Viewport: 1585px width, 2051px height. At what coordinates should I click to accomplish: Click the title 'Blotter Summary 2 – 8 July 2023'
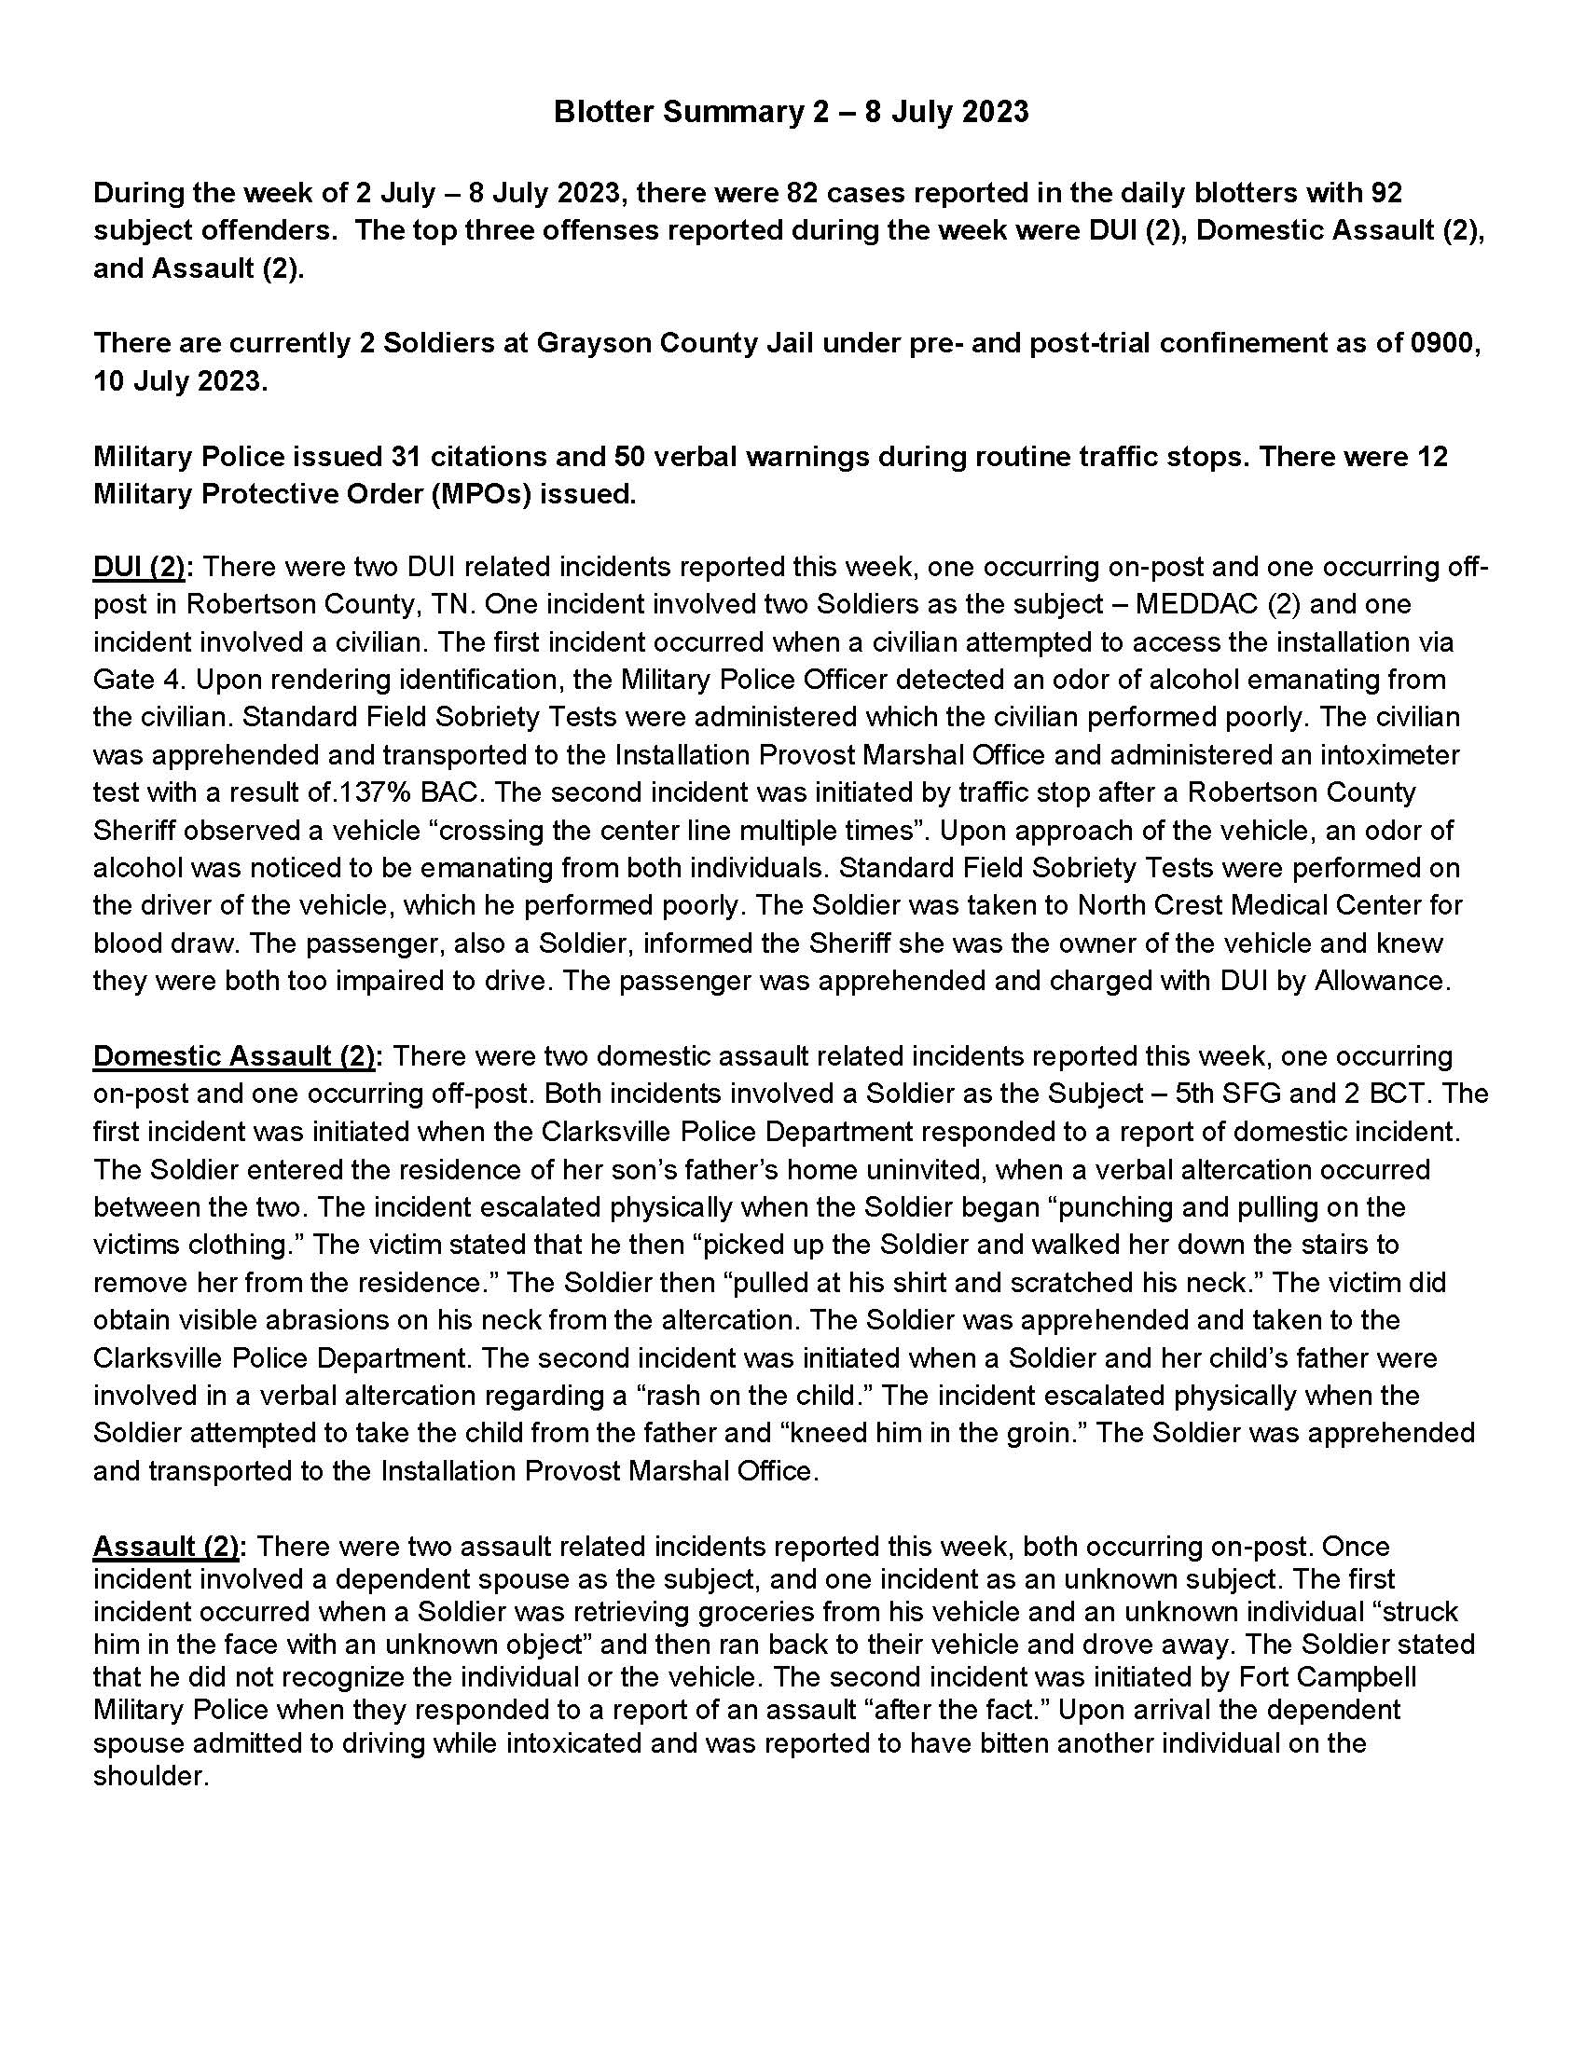[791, 112]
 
